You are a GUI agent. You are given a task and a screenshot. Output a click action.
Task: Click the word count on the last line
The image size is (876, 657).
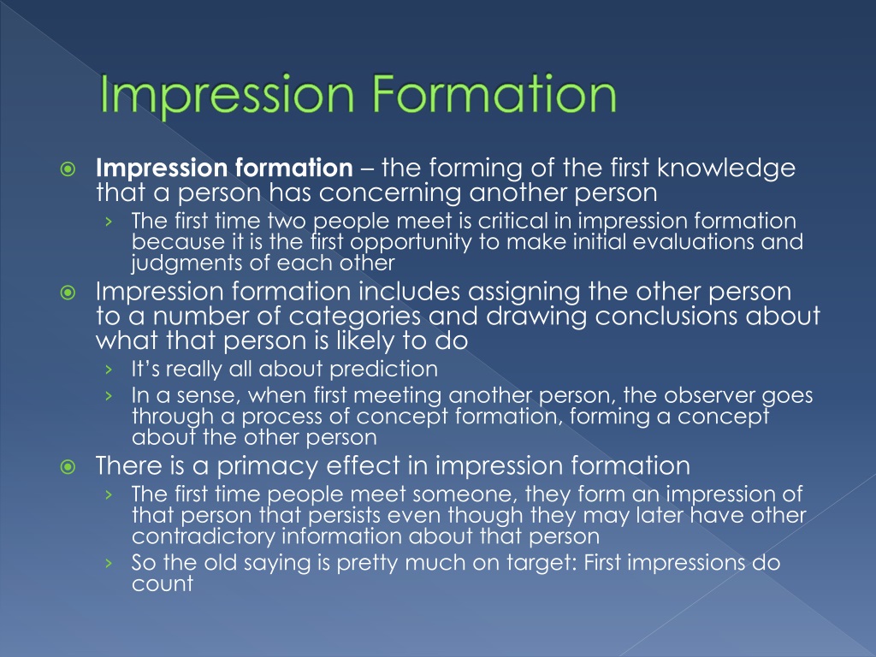pyautogui.click(x=163, y=585)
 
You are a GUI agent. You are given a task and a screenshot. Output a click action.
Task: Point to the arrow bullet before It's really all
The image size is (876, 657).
pyautogui.click(x=110, y=370)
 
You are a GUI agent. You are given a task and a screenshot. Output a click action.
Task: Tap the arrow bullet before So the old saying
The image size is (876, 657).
pyautogui.click(x=110, y=564)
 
